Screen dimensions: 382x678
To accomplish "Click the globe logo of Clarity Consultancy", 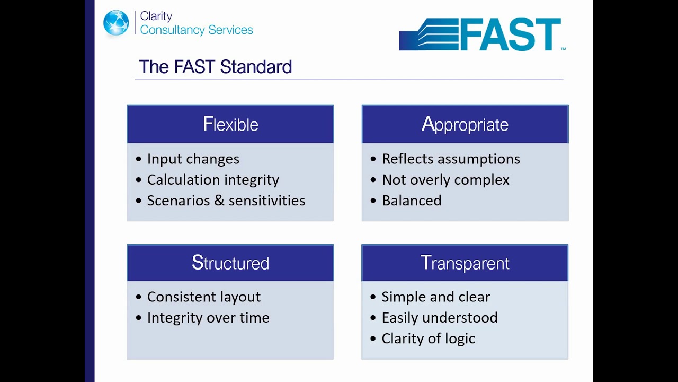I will click(x=116, y=23).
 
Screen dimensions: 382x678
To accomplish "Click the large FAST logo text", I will click(x=510, y=34).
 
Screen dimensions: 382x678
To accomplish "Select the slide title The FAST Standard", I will click(x=215, y=67).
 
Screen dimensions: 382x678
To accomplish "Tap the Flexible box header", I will click(x=230, y=124).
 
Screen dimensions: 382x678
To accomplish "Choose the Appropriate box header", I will click(x=465, y=124).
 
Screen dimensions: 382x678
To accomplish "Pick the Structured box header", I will click(x=230, y=263).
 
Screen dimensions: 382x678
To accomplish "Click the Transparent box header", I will click(x=465, y=263).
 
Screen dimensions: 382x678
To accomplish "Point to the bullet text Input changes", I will click(x=193, y=159).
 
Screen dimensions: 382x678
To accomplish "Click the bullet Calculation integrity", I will click(x=213, y=180).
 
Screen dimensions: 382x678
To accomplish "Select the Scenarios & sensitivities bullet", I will click(x=226, y=201).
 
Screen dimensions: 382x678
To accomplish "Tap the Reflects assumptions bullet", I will click(x=451, y=159).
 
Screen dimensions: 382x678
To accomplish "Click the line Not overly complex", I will click(x=445, y=180).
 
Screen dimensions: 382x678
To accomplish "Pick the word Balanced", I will click(x=412, y=201).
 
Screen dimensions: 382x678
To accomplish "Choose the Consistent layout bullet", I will click(x=204, y=297).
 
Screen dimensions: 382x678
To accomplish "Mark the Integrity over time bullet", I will click(x=208, y=317).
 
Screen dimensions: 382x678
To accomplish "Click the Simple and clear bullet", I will click(x=436, y=297).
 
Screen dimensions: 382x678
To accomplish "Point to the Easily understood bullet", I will click(x=440, y=317).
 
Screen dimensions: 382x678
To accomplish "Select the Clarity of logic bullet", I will click(x=429, y=338).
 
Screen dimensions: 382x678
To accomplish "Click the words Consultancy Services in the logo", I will click(x=197, y=30).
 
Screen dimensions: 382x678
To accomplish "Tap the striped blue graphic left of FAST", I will click(x=429, y=35).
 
